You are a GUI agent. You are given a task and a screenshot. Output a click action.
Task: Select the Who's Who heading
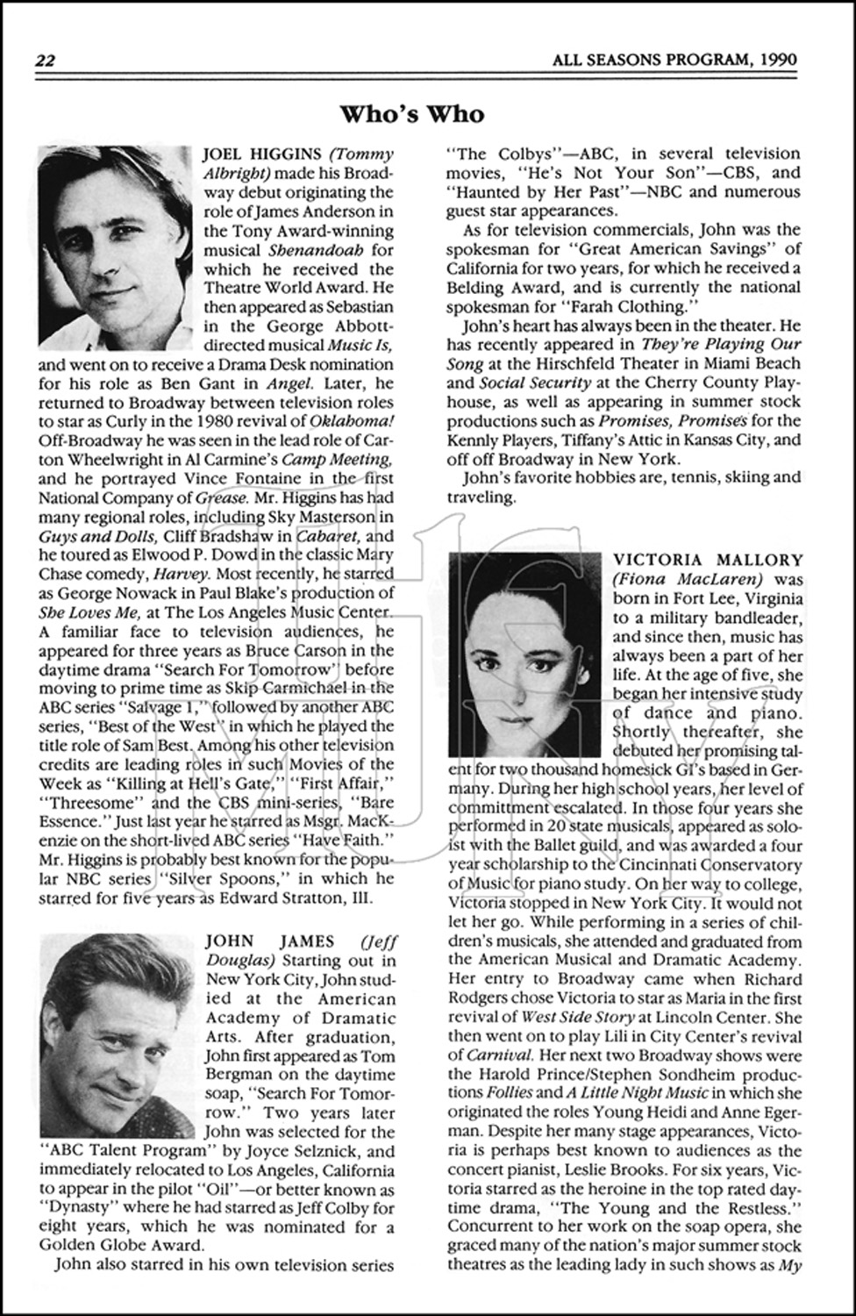point(411,114)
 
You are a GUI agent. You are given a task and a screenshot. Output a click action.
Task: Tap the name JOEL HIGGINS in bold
point(254,154)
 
